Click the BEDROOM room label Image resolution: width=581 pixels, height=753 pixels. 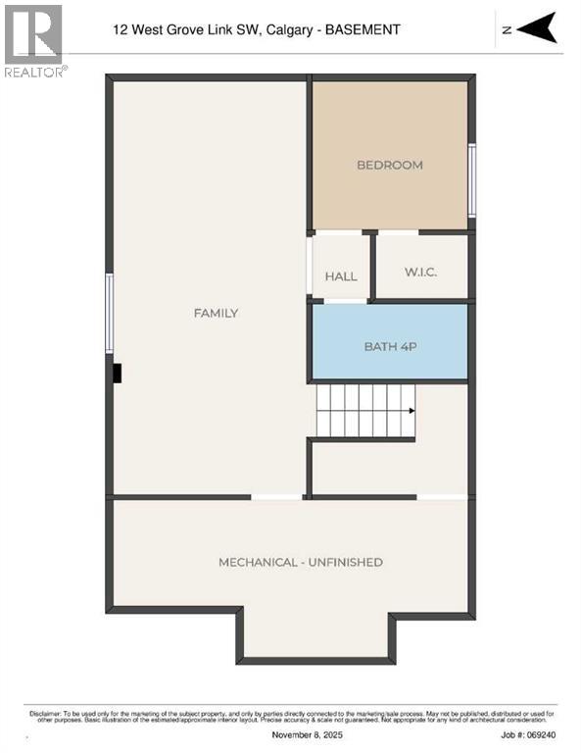[x=389, y=165]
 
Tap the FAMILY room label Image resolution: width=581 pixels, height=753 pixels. [x=216, y=313]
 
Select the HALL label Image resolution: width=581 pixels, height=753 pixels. [x=341, y=276]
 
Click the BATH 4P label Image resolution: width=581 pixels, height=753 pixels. [x=389, y=346]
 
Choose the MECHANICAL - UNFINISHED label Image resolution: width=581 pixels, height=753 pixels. [x=300, y=562]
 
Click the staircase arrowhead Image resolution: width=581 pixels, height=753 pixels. [x=412, y=412]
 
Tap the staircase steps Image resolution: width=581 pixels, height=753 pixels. [x=363, y=411]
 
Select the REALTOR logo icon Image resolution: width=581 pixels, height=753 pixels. [x=33, y=34]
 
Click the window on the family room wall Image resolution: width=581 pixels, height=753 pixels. [x=110, y=313]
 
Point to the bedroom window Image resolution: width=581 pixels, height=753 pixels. [x=472, y=180]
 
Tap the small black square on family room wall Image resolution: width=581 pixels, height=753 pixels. [x=117, y=374]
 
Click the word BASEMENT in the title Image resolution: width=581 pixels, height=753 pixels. [x=363, y=30]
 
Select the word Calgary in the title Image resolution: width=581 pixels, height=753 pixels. [x=285, y=30]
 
